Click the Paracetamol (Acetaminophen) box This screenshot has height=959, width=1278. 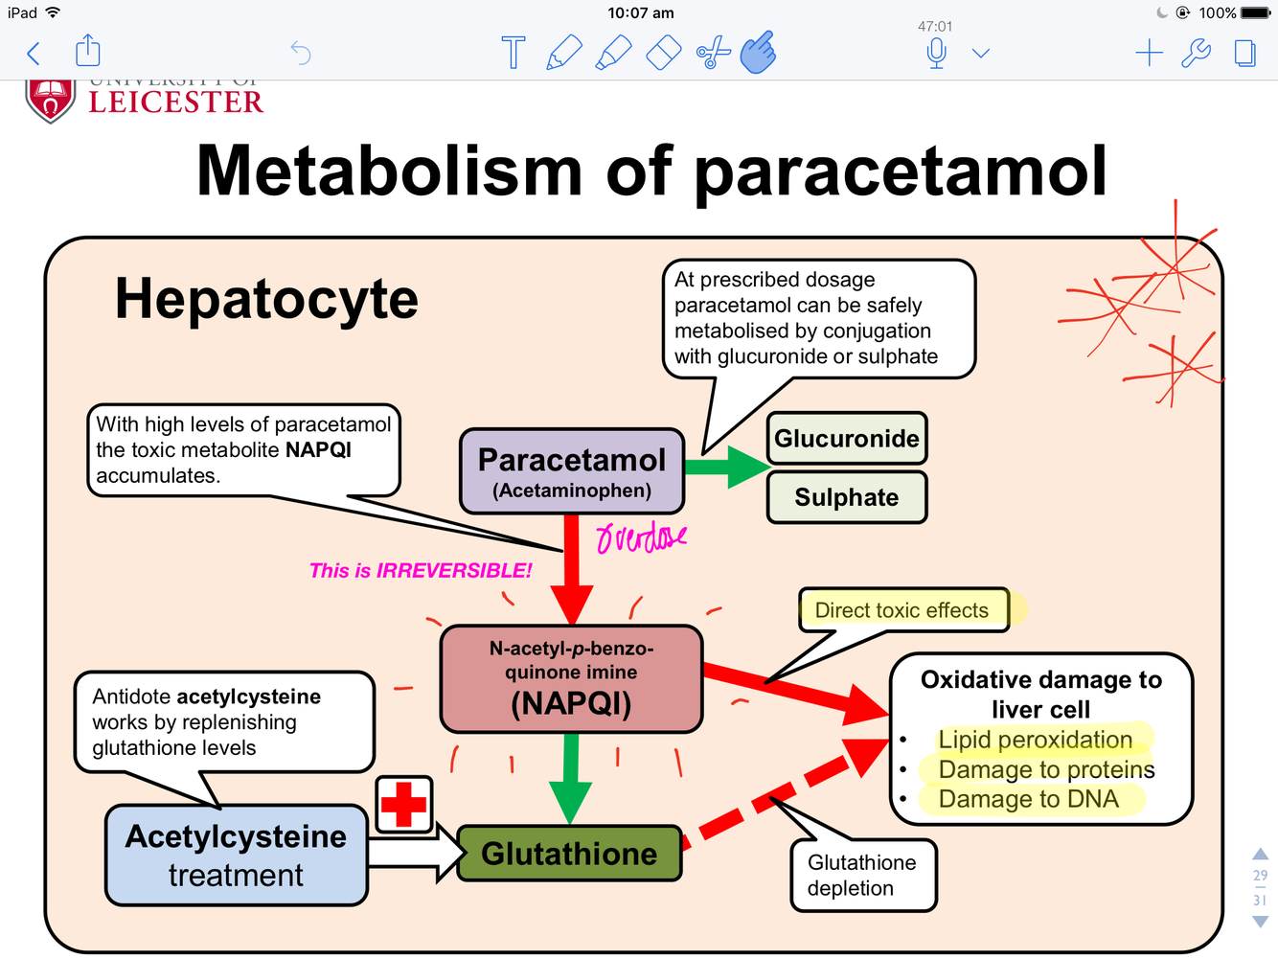click(572, 471)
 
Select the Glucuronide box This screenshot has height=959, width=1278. click(847, 439)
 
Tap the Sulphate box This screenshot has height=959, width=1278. click(847, 497)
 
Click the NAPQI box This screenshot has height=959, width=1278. click(571, 679)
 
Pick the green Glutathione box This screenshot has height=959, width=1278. click(569, 854)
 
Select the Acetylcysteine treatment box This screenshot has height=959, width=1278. click(236, 856)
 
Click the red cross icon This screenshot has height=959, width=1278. click(403, 804)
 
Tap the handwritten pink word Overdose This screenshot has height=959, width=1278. click(640, 537)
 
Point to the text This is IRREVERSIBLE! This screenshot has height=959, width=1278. click(421, 571)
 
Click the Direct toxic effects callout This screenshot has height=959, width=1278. click(902, 610)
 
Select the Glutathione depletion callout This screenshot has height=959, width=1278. click(862, 876)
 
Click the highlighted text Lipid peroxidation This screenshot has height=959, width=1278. click(1035, 740)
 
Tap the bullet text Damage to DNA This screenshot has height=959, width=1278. click(1028, 799)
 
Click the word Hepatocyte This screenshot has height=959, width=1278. click(266, 299)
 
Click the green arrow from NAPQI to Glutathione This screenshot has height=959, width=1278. click(571, 776)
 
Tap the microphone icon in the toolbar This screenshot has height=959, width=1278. click(937, 53)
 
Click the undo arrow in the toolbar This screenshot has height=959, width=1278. click(301, 53)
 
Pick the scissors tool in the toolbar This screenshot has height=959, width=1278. click(712, 53)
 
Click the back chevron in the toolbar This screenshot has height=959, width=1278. click(34, 53)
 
